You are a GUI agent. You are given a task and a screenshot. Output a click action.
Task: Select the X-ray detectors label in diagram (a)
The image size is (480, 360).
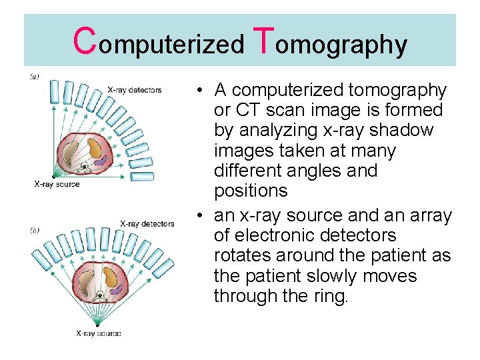[135, 90]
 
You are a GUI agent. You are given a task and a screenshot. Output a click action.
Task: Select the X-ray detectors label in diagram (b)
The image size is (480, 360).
[147, 224]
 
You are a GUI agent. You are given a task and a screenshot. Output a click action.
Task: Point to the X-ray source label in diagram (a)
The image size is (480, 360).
[57, 184]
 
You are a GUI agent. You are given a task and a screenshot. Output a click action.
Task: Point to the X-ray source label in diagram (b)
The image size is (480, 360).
[98, 333]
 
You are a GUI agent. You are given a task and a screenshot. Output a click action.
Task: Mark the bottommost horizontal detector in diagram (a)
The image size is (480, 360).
[142, 177]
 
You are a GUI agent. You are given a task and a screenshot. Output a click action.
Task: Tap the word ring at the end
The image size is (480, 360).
[329, 296]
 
